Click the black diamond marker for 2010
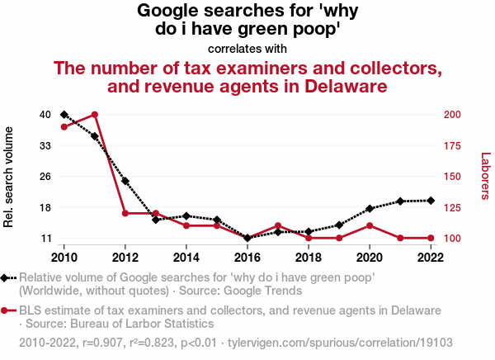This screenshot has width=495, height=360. [64, 114]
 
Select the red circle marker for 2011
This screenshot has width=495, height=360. [95, 114]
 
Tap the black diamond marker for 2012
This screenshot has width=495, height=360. [125, 181]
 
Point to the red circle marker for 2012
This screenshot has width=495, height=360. [125, 213]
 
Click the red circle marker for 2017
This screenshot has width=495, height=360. [278, 225]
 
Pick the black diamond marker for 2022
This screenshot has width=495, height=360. [431, 201]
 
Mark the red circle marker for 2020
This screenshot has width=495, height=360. [370, 225]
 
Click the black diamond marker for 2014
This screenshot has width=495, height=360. [186, 216]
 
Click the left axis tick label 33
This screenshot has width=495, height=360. [46, 145]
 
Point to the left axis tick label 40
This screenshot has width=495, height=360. [46, 114]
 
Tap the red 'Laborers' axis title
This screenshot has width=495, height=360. [485, 176]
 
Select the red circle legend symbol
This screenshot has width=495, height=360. [7, 311]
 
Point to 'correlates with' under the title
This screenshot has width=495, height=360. [247, 49]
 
